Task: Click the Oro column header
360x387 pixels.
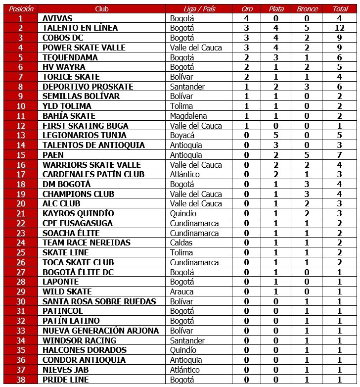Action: click(x=246, y=9)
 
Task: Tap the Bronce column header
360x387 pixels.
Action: click(x=307, y=9)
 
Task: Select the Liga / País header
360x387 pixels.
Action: click(x=199, y=9)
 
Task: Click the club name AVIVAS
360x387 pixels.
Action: click(x=57, y=18)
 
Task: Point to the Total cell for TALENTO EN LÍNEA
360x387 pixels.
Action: click(x=340, y=28)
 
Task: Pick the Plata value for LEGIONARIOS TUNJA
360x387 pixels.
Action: click(x=276, y=135)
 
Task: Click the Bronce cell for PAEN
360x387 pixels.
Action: click(x=307, y=155)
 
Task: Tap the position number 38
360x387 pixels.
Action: click(x=20, y=379)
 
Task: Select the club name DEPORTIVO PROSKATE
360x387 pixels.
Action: click(x=88, y=87)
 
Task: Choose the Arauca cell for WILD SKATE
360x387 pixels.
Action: click(x=181, y=291)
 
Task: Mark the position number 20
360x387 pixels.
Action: click(x=20, y=203)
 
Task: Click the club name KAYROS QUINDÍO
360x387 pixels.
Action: click(x=78, y=213)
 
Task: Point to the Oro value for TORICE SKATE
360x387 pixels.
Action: click(x=246, y=77)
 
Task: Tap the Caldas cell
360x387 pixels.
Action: click(x=181, y=242)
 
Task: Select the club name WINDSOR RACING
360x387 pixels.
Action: click(x=79, y=340)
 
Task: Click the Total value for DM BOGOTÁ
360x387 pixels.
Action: click(x=340, y=184)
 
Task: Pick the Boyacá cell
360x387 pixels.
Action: click(x=182, y=135)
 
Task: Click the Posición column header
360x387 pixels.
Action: click(x=20, y=9)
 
